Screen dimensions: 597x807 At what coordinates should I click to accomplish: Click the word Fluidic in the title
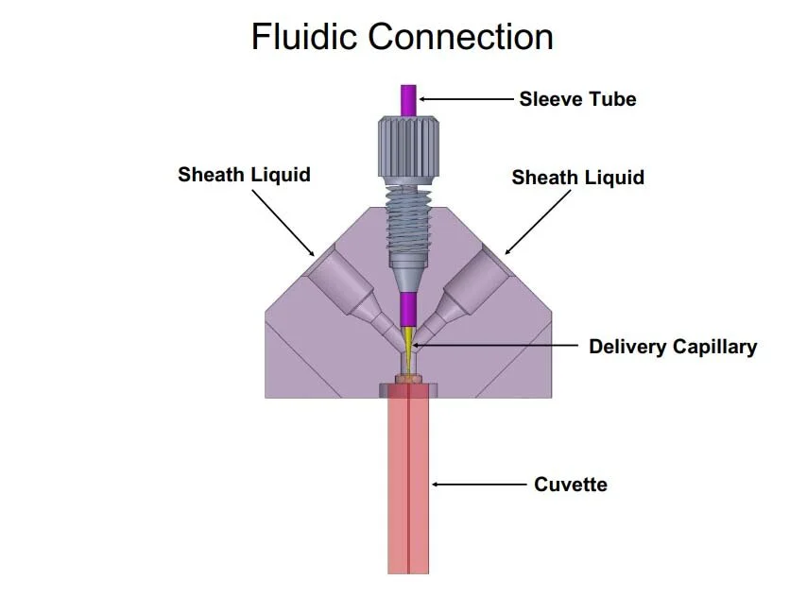[x=304, y=37]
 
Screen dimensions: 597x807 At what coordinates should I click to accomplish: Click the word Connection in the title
[x=460, y=37]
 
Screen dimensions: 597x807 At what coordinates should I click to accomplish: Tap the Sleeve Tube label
[x=577, y=98]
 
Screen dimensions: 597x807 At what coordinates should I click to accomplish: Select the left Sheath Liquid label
[x=244, y=175]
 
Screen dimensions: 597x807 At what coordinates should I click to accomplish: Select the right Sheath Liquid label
[x=577, y=178]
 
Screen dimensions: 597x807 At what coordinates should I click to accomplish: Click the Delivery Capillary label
[x=672, y=347]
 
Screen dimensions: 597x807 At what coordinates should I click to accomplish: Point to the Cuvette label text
[x=570, y=485]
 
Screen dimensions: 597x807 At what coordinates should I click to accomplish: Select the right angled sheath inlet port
[x=473, y=283]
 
